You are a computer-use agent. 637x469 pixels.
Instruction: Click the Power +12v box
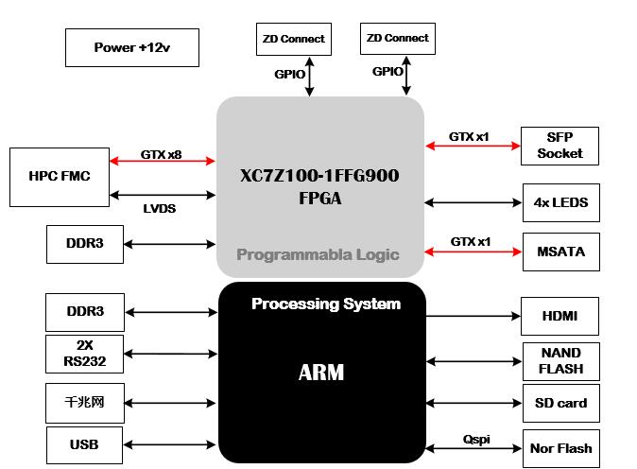coord(132,47)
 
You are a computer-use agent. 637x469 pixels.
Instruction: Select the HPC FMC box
coord(60,176)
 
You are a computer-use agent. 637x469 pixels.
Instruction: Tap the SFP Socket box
coord(560,145)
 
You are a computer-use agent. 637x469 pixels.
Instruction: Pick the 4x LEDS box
coord(560,202)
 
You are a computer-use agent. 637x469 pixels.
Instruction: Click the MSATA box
coord(560,252)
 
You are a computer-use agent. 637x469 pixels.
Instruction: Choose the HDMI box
coord(560,316)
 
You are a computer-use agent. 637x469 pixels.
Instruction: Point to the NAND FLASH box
coord(560,361)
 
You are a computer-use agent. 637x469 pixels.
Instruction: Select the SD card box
coord(560,403)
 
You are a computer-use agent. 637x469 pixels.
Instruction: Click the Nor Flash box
coord(560,447)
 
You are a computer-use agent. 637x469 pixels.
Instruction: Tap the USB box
coord(84,444)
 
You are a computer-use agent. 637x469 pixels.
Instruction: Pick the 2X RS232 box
coord(84,354)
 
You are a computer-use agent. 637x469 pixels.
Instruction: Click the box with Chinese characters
coord(84,403)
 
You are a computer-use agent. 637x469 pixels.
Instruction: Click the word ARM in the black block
coord(321,373)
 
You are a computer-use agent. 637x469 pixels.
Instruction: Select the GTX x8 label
coord(161,154)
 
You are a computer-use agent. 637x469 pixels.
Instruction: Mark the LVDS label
coord(159,208)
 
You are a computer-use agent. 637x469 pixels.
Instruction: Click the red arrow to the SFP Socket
coord(473,146)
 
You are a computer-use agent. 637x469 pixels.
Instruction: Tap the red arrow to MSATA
coord(473,252)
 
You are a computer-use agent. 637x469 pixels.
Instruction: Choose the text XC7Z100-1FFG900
coord(319,176)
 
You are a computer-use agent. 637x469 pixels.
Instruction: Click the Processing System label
coord(326,304)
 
